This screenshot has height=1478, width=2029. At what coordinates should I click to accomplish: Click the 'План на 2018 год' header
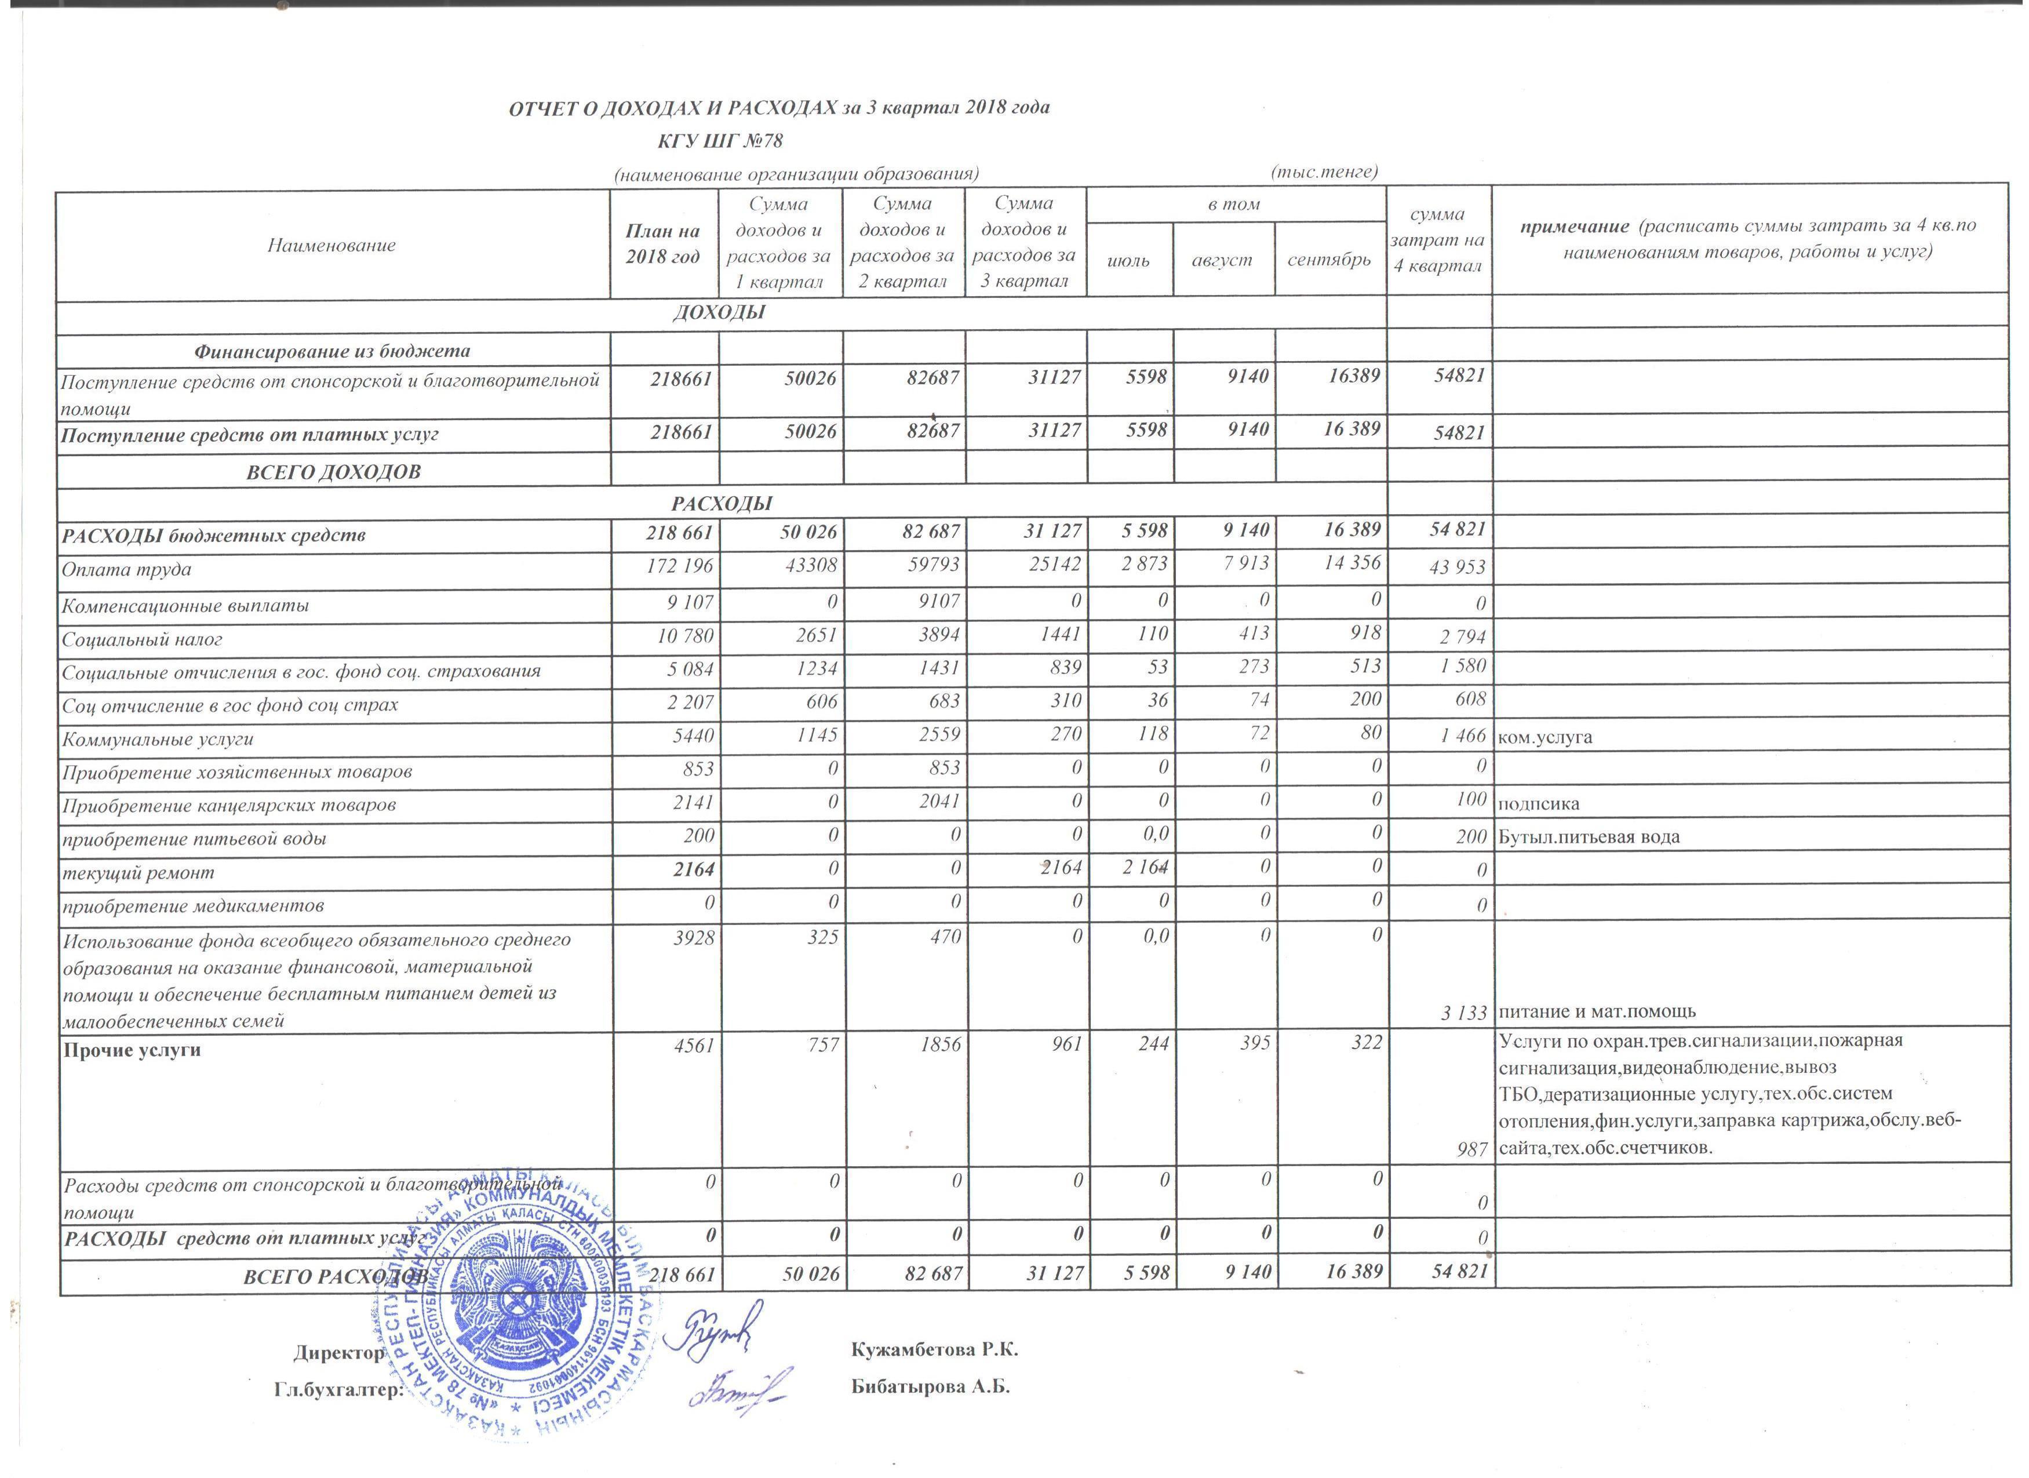tap(663, 243)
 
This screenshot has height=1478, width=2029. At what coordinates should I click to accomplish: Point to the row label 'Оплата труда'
tap(126, 569)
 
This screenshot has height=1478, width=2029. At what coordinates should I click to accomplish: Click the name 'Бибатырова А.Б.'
tap(930, 1387)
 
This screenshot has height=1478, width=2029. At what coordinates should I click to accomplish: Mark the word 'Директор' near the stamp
tap(339, 1353)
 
